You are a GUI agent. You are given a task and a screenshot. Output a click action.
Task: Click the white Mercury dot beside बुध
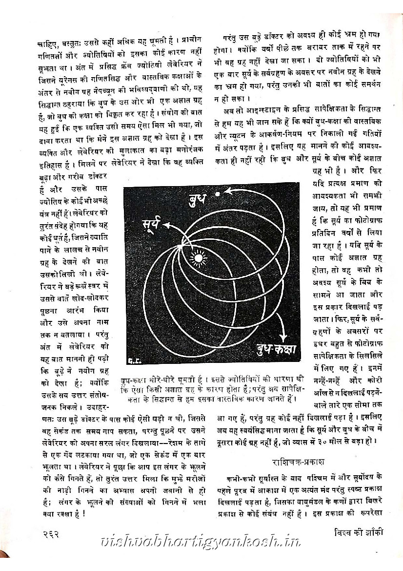pyautogui.click(x=218, y=194)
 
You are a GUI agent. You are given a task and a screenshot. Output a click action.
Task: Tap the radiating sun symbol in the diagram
pyautogui.click(x=198, y=256)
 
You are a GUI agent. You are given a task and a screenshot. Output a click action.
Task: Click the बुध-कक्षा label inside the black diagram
pyautogui.click(x=274, y=349)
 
